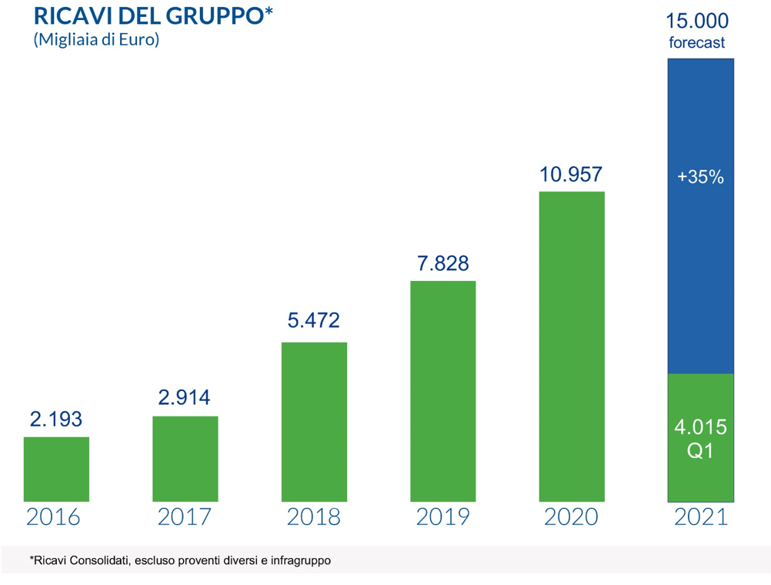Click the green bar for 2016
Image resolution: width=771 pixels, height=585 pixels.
[x=56, y=470]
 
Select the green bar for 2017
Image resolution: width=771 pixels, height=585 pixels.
[x=185, y=459]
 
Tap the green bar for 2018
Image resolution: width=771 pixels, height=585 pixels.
[x=314, y=422]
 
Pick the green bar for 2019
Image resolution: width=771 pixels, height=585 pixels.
[x=443, y=391]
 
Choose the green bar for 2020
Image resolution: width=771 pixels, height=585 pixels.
[x=572, y=346]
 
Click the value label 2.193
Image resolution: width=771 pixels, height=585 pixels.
[x=56, y=420]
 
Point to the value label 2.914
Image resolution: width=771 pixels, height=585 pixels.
[x=184, y=398]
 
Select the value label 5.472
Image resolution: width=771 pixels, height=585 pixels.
[x=313, y=320]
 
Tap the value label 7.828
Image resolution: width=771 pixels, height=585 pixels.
[x=442, y=263]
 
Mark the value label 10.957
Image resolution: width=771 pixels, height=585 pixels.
[x=571, y=174]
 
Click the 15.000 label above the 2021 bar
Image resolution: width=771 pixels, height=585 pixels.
[x=697, y=20]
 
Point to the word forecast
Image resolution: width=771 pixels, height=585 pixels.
[x=697, y=43]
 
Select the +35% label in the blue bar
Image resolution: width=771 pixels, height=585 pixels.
[x=700, y=177]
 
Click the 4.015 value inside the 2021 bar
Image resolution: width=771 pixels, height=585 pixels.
[x=700, y=427]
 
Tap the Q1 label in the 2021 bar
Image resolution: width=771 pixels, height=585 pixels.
[x=700, y=452]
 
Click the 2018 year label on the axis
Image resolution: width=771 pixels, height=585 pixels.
[x=314, y=516]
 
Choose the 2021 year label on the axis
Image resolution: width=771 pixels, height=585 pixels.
[x=700, y=516]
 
